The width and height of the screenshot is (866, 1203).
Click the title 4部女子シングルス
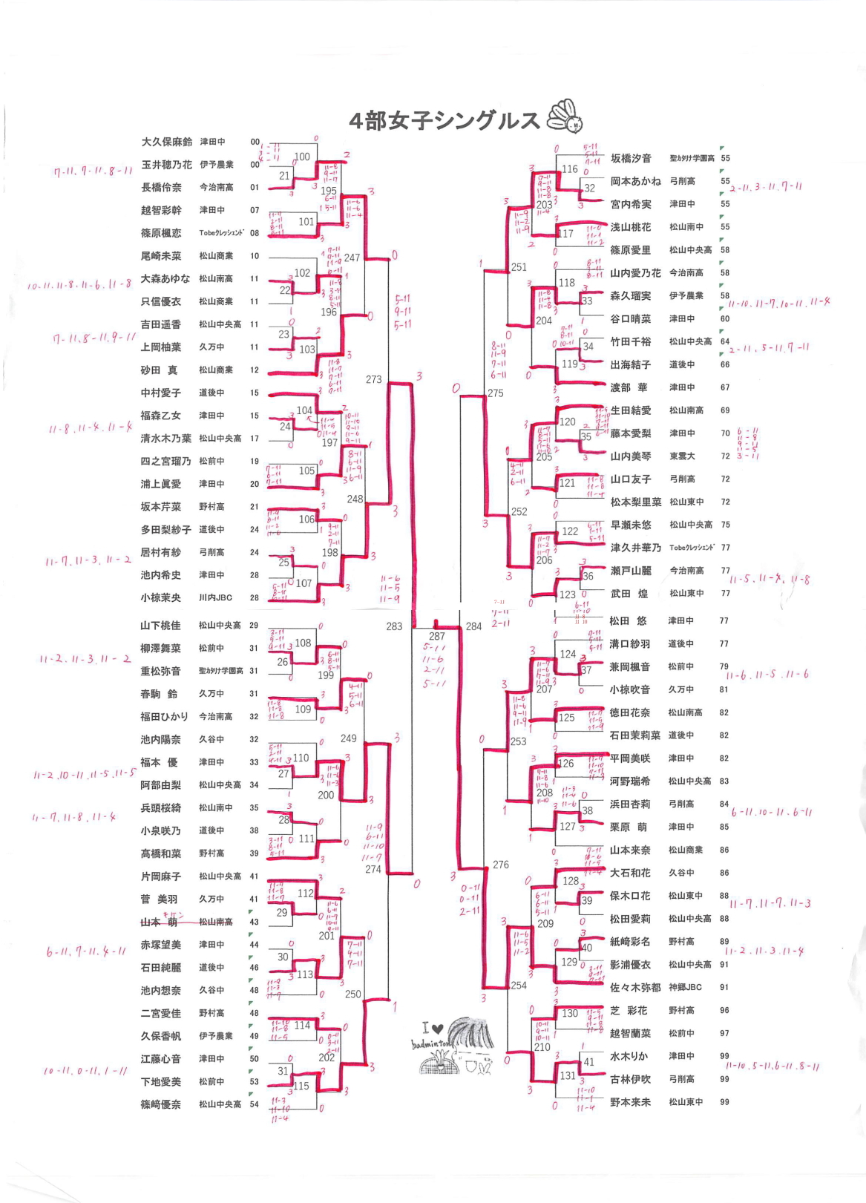pos(444,121)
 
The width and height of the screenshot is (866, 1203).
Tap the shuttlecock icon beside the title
pos(565,117)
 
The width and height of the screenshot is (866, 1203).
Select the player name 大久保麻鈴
pos(166,142)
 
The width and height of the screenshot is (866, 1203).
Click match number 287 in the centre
pos(436,636)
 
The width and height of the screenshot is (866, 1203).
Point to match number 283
pos(394,626)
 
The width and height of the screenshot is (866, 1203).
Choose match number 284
pos(473,626)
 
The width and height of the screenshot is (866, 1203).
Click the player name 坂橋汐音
pos(631,158)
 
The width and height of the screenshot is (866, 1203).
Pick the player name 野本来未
pos(630,1102)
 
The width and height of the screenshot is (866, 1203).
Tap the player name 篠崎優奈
pos(161,1104)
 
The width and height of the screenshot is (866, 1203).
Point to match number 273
pos(373,379)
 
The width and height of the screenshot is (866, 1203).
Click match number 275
pos(496,393)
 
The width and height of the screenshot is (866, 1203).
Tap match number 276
pos(501,865)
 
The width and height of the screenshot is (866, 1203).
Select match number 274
pos(373,869)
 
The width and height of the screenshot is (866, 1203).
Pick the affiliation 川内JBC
pos(215,597)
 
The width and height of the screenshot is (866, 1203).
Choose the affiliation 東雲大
pos(681,456)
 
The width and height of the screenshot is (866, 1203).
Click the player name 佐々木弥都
pos(635,988)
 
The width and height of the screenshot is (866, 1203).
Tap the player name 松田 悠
pos(628,621)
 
